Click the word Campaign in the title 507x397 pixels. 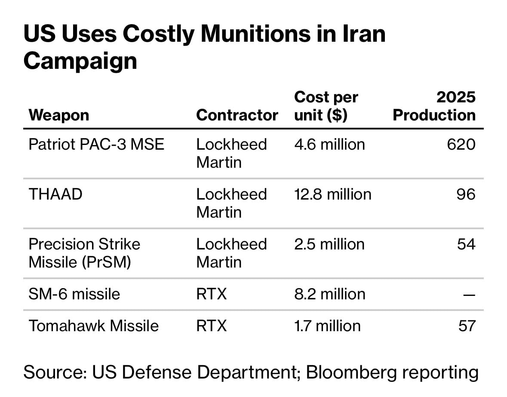pyautogui.click(x=80, y=61)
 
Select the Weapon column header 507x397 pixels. pyautogui.click(x=59, y=115)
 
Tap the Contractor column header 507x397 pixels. pyautogui.click(x=237, y=115)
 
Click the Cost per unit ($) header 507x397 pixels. pyautogui.click(x=326, y=106)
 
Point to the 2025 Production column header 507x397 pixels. pyautogui.click(x=434, y=106)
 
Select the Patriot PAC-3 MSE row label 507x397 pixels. pyautogui.click(x=96, y=144)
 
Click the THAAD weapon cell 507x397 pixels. pyautogui.click(x=55, y=194)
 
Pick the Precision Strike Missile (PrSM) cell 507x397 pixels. pyautogui.click(x=84, y=253)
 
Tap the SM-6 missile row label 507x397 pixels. pyautogui.click(x=74, y=294)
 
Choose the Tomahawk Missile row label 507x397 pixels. pyautogui.click(x=93, y=326)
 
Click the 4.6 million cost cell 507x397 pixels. pyautogui.click(x=329, y=144)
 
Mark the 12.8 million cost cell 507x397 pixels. pyautogui.click(x=332, y=194)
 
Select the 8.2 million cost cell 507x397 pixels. pyautogui.click(x=329, y=294)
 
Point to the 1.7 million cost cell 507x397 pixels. pyautogui.click(x=327, y=326)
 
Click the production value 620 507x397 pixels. pyautogui.click(x=461, y=144)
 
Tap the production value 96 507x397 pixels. pyautogui.click(x=466, y=194)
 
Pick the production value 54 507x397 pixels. pyautogui.click(x=466, y=244)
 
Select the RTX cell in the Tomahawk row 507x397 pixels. pyautogui.click(x=211, y=326)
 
